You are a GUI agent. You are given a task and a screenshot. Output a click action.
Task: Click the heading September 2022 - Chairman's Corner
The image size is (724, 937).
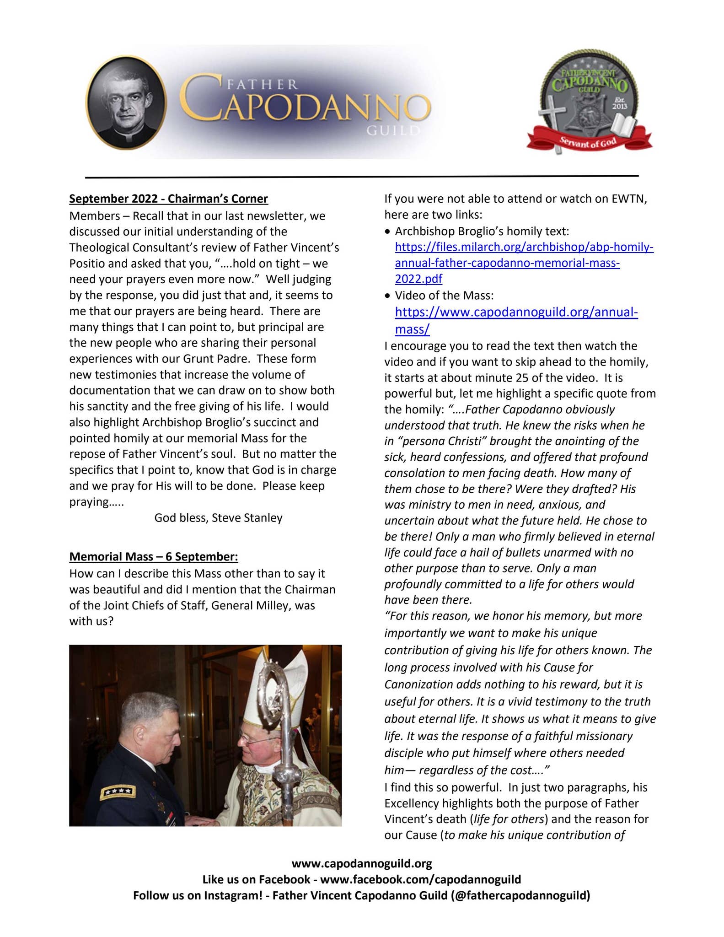tap(168, 199)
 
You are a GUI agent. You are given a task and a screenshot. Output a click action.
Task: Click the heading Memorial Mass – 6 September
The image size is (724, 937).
tap(154, 557)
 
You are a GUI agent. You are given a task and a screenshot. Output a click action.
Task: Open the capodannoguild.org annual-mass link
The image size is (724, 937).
tap(516, 312)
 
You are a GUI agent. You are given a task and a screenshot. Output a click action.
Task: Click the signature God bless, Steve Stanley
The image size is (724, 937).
tap(218, 518)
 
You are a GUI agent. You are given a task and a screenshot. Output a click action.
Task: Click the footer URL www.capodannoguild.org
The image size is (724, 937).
tap(362, 864)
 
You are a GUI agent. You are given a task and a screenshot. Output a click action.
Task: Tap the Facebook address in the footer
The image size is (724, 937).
tap(420, 879)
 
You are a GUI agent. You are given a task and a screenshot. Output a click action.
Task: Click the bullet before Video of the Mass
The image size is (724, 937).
tap(388, 296)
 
